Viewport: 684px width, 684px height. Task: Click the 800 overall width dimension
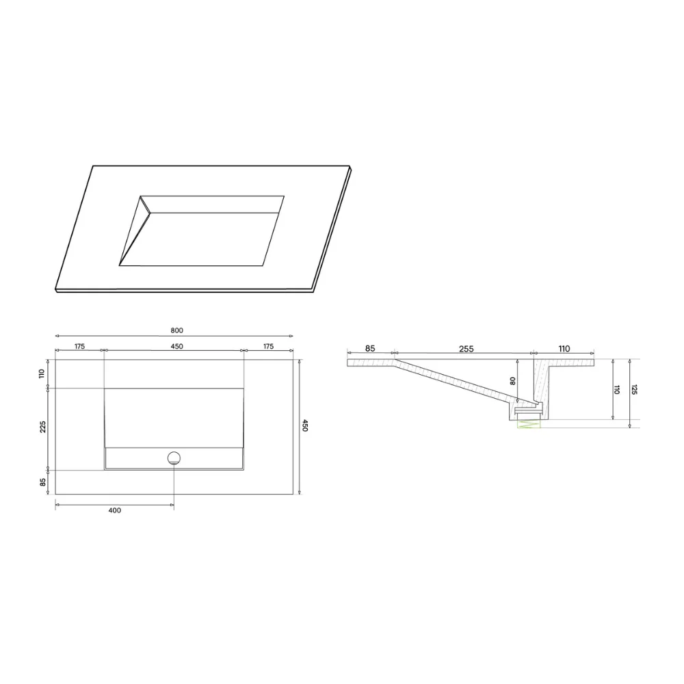(x=176, y=330)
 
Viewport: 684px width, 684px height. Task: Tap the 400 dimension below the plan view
(x=115, y=510)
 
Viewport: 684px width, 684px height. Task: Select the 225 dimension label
(x=42, y=427)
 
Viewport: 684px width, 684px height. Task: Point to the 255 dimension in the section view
(x=466, y=349)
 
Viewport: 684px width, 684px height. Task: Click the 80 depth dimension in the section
(x=512, y=381)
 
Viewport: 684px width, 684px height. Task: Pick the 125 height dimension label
(x=634, y=390)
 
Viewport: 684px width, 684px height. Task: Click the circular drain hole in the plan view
(x=174, y=458)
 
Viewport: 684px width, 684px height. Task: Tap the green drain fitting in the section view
(x=528, y=423)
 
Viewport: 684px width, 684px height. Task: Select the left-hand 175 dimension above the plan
(x=79, y=346)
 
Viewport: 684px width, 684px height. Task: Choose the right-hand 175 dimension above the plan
(x=268, y=346)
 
